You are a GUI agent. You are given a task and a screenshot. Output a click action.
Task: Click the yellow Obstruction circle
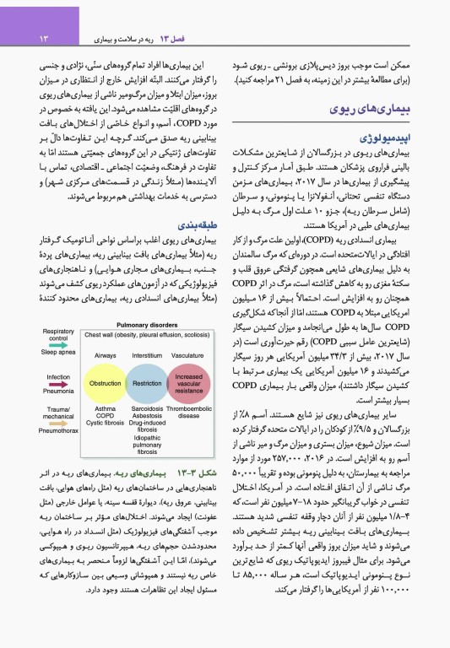(106, 382)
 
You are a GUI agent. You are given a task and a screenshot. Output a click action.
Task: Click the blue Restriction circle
(147, 382)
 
